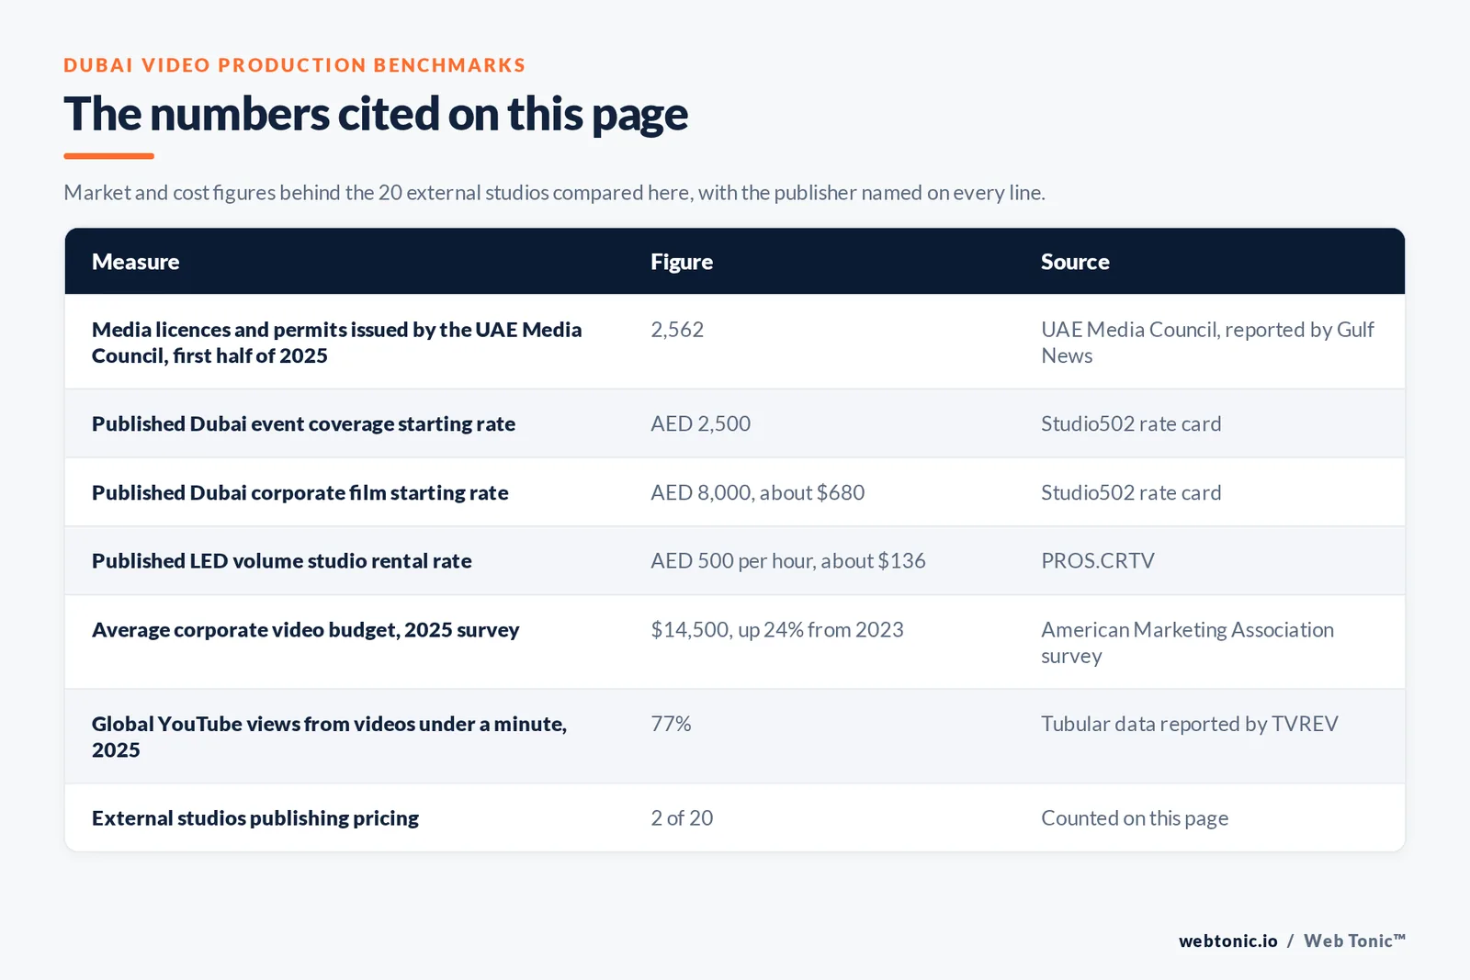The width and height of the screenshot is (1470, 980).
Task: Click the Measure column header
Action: click(135, 261)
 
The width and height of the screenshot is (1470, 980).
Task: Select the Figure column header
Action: click(681, 261)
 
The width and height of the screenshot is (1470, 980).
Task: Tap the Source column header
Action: click(1075, 261)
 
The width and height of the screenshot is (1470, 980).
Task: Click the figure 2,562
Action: click(676, 330)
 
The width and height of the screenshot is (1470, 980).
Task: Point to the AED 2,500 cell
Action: click(700, 423)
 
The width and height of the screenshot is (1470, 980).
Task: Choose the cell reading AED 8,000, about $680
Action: click(757, 492)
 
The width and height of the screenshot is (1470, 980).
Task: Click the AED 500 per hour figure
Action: click(787, 561)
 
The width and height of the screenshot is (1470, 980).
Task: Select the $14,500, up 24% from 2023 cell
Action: click(777, 630)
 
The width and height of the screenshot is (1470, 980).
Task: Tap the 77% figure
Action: click(671, 724)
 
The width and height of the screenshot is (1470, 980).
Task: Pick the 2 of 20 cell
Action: click(681, 818)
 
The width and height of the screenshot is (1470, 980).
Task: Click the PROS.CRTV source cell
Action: click(1097, 561)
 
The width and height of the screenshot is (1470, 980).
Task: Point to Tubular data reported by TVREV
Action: click(1189, 724)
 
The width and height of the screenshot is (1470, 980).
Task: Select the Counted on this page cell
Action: click(1135, 818)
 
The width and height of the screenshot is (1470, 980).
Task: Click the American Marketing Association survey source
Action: click(1187, 642)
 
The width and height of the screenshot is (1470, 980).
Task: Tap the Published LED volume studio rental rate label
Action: click(281, 561)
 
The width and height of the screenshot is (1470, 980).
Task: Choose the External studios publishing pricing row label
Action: click(255, 818)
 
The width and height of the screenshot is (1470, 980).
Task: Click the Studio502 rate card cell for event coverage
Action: click(1131, 423)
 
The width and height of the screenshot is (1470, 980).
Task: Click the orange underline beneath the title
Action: click(109, 156)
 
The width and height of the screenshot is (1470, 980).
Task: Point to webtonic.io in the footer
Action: click(1227, 941)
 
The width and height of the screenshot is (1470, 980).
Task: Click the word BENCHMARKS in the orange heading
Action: click(449, 65)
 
